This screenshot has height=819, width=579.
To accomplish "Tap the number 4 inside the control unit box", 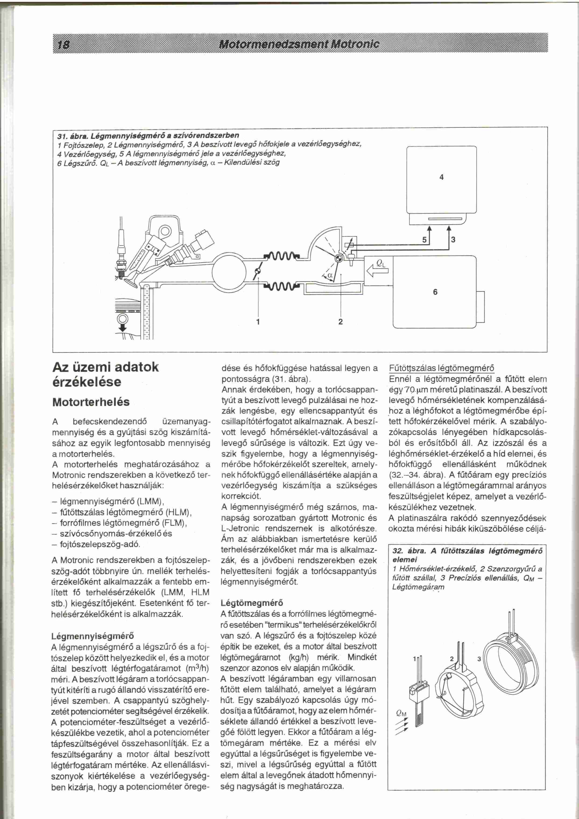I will click(x=441, y=177).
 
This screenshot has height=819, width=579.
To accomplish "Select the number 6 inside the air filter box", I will click(x=435, y=292).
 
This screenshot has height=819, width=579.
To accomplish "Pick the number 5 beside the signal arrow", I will click(x=424, y=240).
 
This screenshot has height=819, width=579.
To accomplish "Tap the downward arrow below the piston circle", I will click(x=122, y=327).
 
